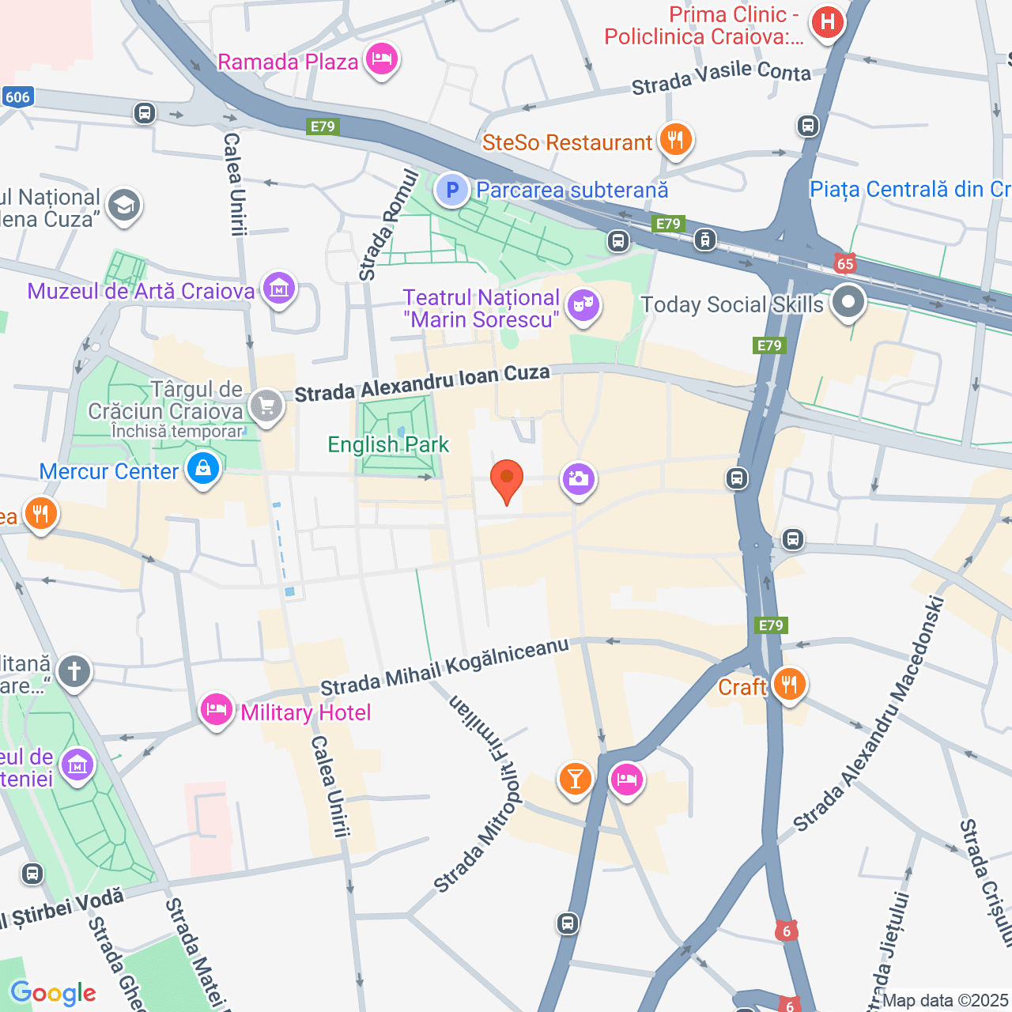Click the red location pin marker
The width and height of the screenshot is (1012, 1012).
click(x=506, y=479)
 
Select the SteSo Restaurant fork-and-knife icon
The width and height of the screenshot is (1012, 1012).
click(x=674, y=141)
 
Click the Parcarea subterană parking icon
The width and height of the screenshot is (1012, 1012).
click(x=452, y=190)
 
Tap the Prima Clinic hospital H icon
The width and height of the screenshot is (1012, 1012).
click(x=827, y=22)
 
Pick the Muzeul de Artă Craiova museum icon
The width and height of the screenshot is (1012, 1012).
click(x=278, y=289)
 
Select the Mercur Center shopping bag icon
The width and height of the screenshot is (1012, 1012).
click(x=203, y=470)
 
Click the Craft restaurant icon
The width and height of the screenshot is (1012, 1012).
click(x=788, y=685)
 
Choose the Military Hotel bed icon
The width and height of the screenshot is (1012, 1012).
click(x=216, y=711)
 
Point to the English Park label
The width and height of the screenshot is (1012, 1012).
click(x=388, y=444)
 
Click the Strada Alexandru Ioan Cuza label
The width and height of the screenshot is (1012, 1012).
click(x=422, y=383)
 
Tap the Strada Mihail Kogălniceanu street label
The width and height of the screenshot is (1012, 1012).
click(x=444, y=668)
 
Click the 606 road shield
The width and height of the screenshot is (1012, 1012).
click(x=17, y=97)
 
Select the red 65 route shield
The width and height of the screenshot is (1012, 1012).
click(x=845, y=263)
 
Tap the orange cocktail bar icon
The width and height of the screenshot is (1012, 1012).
click(x=575, y=779)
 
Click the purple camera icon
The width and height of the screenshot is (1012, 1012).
click(x=578, y=478)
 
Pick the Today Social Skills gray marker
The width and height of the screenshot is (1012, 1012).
click(x=848, y=302)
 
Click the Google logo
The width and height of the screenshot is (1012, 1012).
click(x=53, y=993)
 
